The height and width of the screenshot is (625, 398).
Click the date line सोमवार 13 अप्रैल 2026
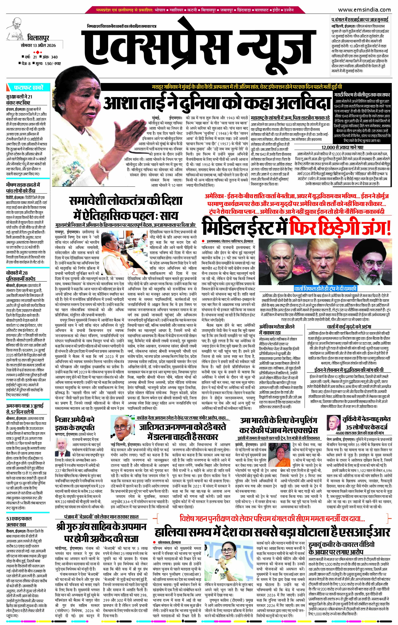(x=38, y=45)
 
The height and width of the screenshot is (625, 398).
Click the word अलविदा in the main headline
(x=300, y=104)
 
